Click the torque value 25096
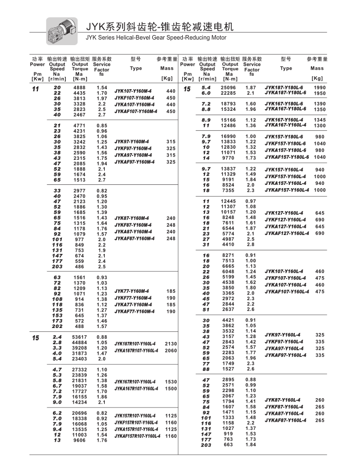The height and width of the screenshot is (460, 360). [228, 87]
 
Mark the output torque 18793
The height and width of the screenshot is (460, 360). [228, 104]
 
